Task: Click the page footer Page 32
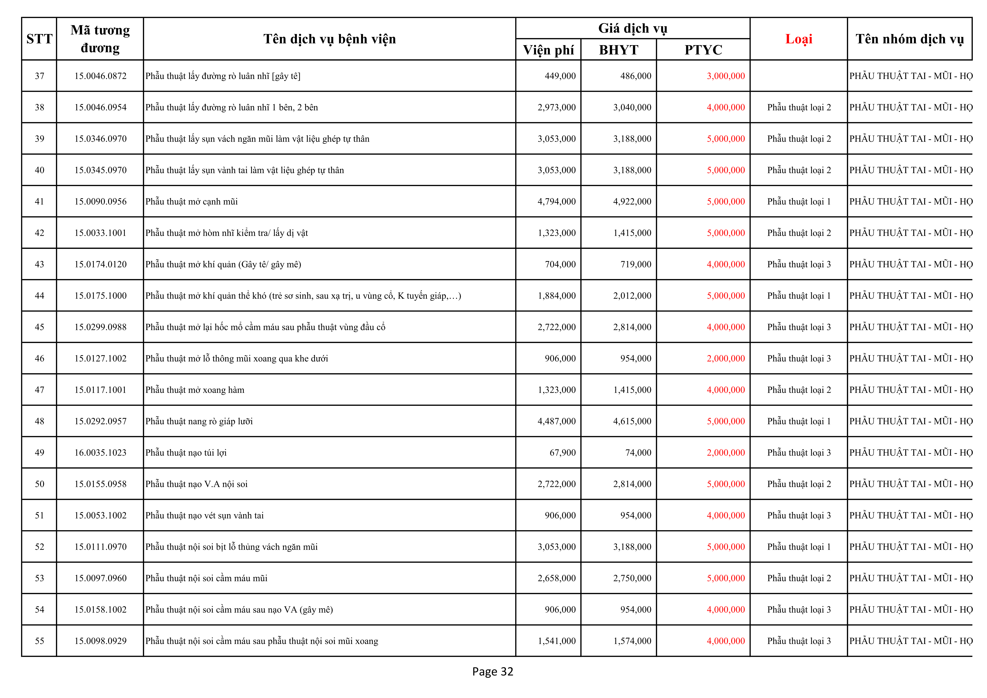pyautogui.click(x=493, y=671)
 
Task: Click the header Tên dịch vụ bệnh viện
pyautogui.click(x=329, y=39)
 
